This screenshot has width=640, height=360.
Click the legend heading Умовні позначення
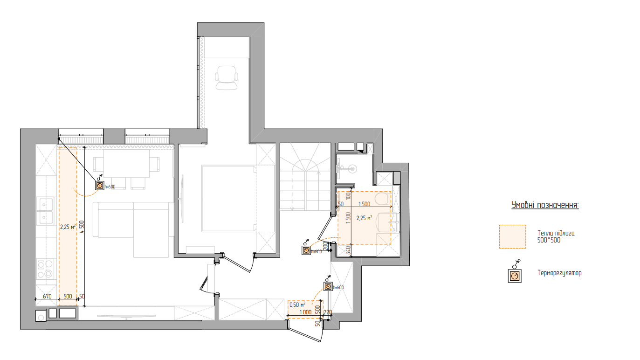coord(545,205)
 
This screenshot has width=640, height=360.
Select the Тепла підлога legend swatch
coord(512,236)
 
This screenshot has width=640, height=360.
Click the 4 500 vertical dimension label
coord(82,227)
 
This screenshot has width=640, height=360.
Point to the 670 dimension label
coord(47,296)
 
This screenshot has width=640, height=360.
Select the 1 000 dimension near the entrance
coord(305,312)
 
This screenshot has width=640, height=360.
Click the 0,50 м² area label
coord(297,305)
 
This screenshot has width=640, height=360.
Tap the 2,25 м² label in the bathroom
coord(364,218)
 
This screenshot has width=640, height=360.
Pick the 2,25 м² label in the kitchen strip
coord(68,227)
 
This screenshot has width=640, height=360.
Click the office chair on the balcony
coord(227,78)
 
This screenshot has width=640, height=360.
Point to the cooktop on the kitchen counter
coord(45,269)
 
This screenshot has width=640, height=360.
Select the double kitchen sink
coord(45,212)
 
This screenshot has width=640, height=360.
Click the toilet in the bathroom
coord(383,198)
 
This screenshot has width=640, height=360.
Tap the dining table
coord(127,164)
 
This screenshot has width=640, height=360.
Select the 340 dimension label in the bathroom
coord(348,250)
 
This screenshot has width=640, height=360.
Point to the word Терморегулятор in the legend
coord(559,273)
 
